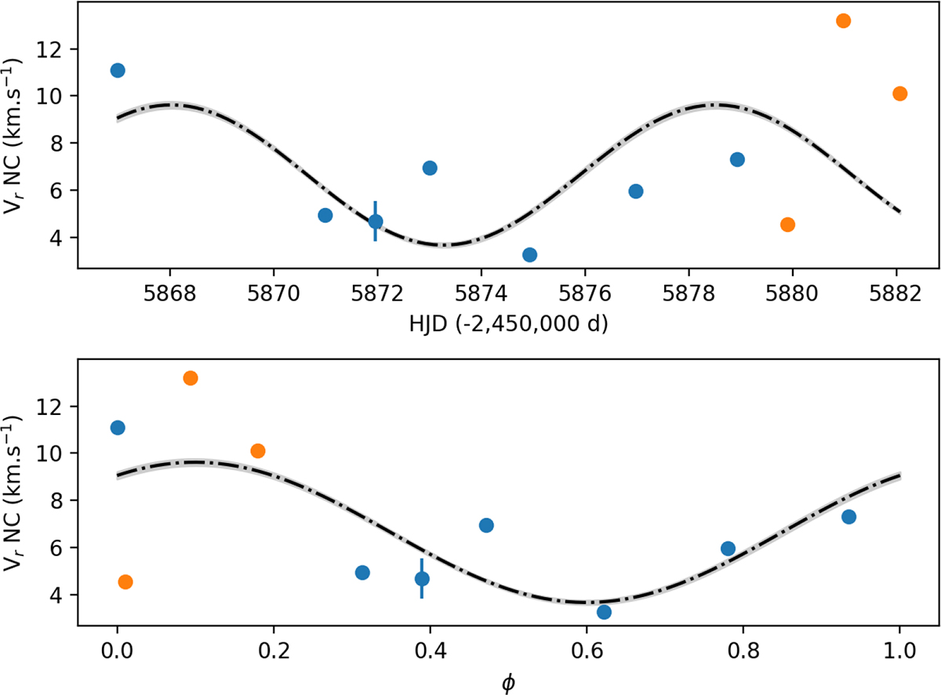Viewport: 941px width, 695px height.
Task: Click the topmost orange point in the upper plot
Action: coord(843,21)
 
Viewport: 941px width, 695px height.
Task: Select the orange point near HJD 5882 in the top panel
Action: coord(899,93)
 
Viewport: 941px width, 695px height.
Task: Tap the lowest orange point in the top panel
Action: coord(787,224)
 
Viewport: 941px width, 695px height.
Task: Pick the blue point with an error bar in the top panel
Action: coord(376,221)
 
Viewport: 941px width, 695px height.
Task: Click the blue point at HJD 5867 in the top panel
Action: coord(118,71)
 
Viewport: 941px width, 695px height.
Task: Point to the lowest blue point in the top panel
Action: coord(529,254)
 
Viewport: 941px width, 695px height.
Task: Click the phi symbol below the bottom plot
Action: coord(508,682)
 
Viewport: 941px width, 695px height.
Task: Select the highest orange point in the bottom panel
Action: coord(190,378)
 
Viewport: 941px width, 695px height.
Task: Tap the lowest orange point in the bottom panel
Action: coord(125,581)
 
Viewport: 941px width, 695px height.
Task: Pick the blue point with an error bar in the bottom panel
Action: coord(422,579)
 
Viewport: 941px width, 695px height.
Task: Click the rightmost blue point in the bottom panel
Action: coord(848,516)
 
